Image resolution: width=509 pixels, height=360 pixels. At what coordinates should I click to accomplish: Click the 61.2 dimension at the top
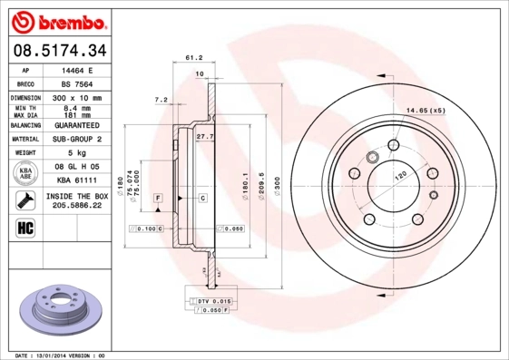[x=192, y=57]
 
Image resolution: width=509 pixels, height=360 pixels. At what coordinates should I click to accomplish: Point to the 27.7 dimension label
[x=204, y=136]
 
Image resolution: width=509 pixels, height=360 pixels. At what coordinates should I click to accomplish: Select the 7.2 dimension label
[x=161, y=99]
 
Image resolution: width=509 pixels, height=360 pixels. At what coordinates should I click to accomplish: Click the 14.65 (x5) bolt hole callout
[x=426, y=109]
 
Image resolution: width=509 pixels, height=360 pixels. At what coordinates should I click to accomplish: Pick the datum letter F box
[x=157, y=197]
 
